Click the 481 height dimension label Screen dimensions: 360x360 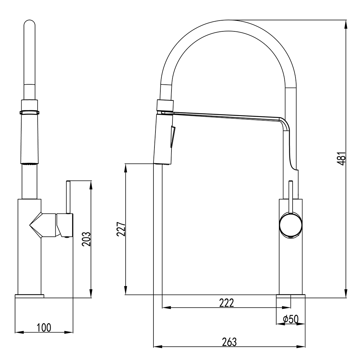pos(341,159)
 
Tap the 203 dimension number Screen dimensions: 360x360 pos(86,239)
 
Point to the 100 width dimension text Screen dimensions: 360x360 pos(44,327)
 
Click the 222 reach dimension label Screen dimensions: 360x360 pos(226,303)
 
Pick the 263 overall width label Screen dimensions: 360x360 pos(229,342)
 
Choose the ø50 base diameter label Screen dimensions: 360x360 pos(290,319)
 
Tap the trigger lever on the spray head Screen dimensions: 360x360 pos(172,137)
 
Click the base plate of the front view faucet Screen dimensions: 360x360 pos(29,296)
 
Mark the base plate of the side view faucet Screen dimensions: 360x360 pos(291,296)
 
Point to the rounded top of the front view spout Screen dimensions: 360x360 pos(29,24)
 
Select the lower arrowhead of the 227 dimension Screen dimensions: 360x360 pos(125,291)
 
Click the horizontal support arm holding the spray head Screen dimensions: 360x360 pos(226,116)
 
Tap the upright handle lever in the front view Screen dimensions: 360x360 pos(68,197)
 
